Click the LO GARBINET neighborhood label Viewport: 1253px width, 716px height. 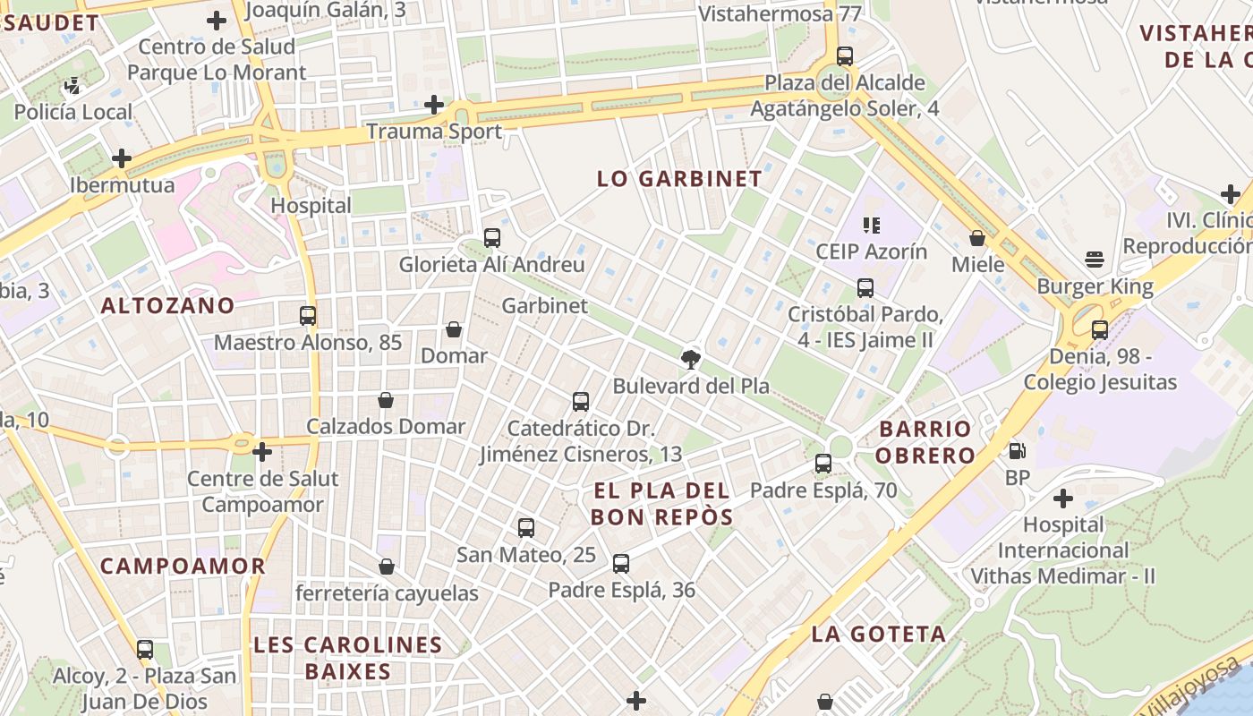point(679,178)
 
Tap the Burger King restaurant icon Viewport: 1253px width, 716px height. point(1094,260)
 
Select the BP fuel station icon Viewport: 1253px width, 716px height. point(1017,451)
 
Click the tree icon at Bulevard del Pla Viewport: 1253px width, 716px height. point(690,360)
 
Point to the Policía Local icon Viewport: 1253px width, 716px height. point(72,87)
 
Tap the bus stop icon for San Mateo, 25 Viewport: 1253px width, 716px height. point(525,528)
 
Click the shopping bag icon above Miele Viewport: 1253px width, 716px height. point(977,238)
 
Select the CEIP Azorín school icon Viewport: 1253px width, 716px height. point(871,225)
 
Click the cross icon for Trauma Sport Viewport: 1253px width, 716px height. point(434,105)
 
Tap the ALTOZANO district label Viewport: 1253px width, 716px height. point(167,305)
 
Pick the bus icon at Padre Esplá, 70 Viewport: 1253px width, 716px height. point(823,464)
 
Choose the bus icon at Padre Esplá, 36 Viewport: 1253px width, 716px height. point(621,564)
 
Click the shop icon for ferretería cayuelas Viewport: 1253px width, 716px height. point(387,567)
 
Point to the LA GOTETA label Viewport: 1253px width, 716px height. point(878,635)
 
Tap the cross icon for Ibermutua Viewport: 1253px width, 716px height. point(121,159)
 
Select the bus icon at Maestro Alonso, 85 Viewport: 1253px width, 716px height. point(308,315)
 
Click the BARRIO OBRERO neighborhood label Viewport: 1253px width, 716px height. point(925,441)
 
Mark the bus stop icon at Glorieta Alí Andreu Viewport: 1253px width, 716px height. point(491,238)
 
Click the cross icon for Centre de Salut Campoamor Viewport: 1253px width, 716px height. point(261,452)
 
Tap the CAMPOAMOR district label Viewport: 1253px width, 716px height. point(183,566)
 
